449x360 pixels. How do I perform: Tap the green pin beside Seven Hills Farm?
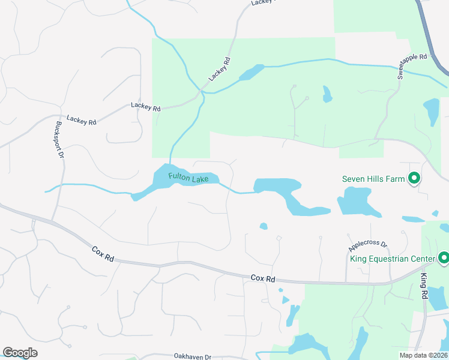(414, 178)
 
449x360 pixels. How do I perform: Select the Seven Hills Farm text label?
(373, 179)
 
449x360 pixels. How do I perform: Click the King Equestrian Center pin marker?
(444, 258)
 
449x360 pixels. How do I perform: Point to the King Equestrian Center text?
(392, 259)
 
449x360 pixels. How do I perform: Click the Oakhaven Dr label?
(193, 356)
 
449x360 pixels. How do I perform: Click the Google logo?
(20, 353)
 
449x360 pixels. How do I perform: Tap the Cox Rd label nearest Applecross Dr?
(262, 278)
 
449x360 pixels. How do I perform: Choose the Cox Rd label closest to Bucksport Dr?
(103, 253)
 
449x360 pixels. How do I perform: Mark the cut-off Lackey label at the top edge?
(262, 2)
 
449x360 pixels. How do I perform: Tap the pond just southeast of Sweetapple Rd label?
(431, 111)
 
